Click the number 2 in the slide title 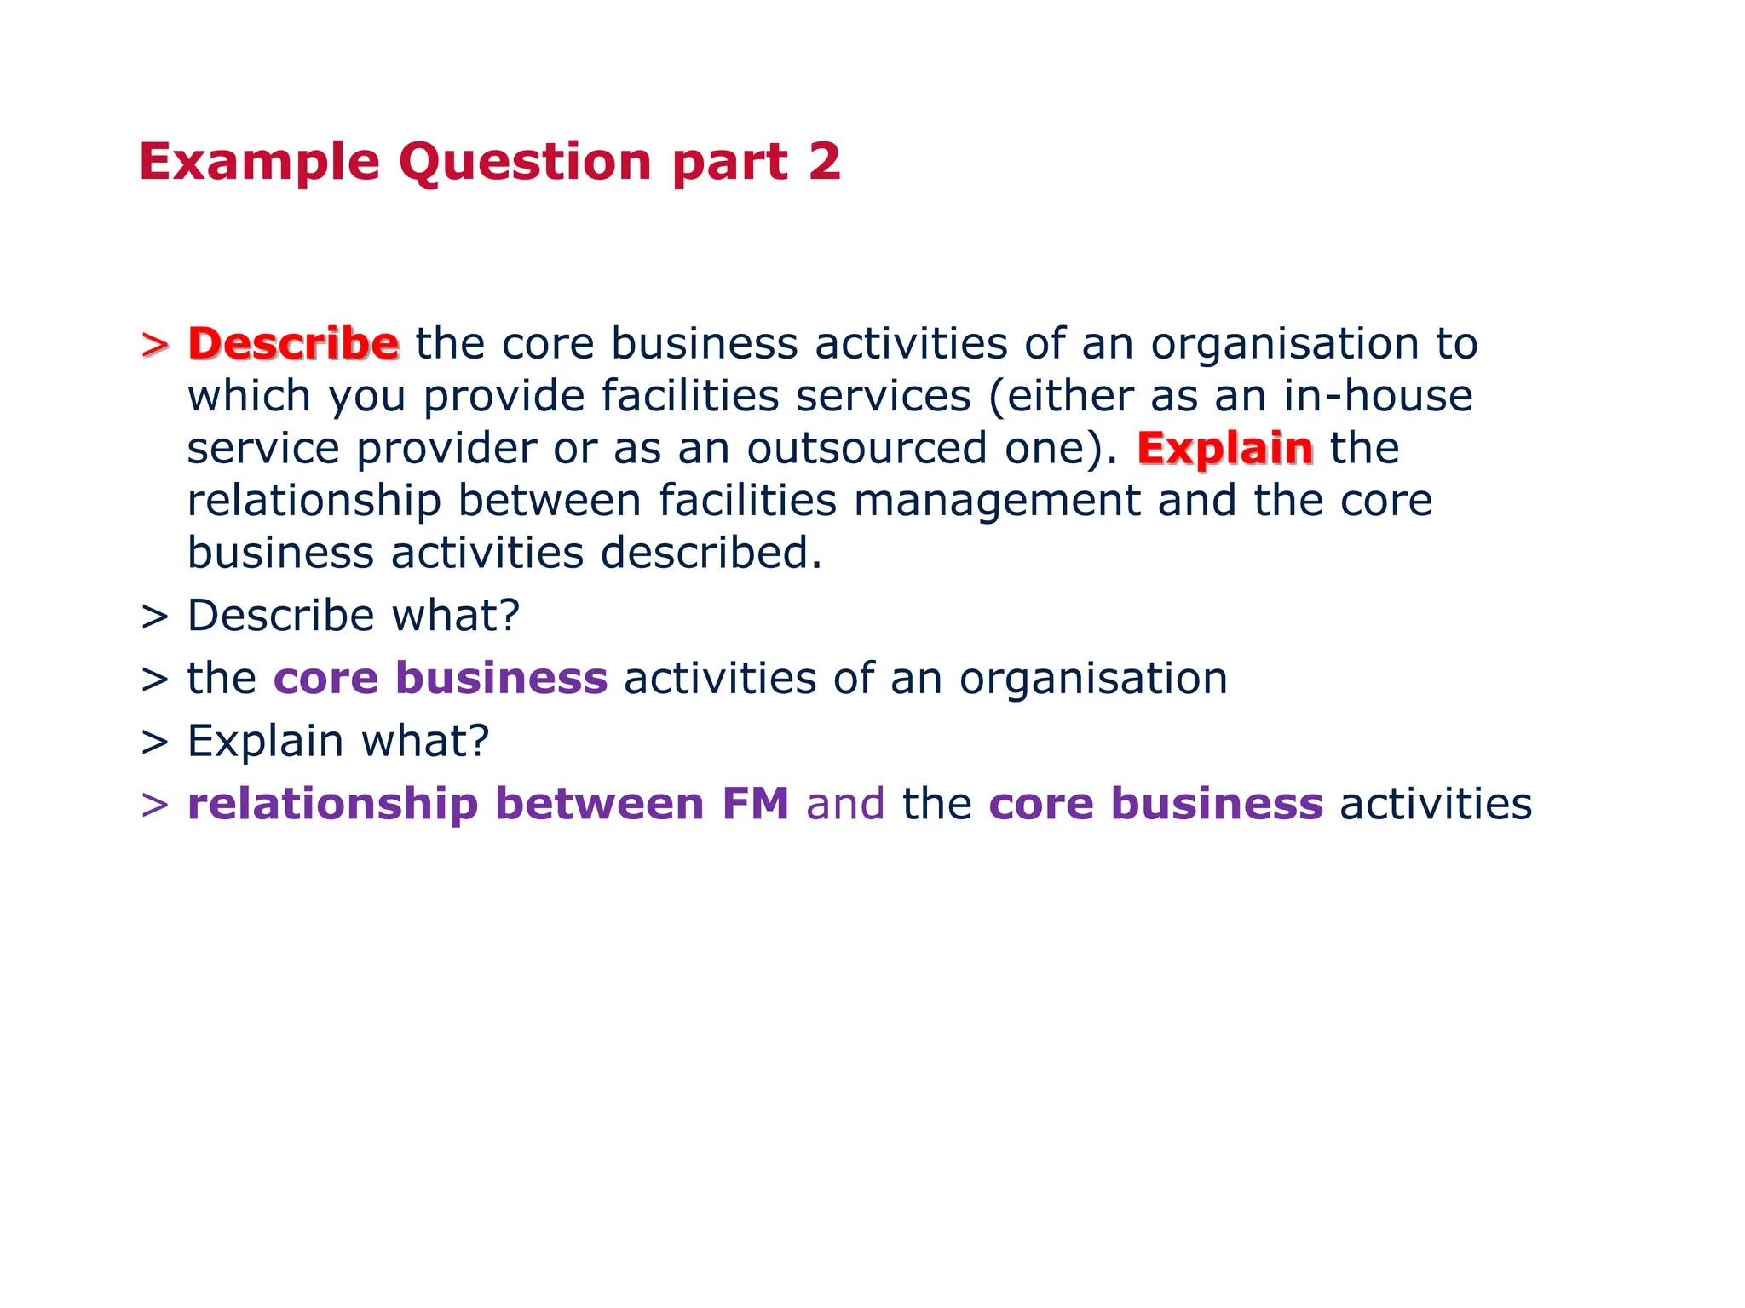(824, 161)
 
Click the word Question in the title (525, 163)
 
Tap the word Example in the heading (259, 163)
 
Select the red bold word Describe (293, 343)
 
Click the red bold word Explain (1224, 449)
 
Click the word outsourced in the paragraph (867, 449)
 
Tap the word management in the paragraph (997, 502)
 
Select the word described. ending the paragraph (711, 554)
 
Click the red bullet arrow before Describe (155, 345)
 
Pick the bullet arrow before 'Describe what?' (155, 617)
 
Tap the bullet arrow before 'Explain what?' (155, 742)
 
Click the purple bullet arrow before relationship (155, 805)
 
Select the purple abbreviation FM (755, 804)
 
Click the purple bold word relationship (332, 805)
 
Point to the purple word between (599, 804)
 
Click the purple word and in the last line (845, 804)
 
